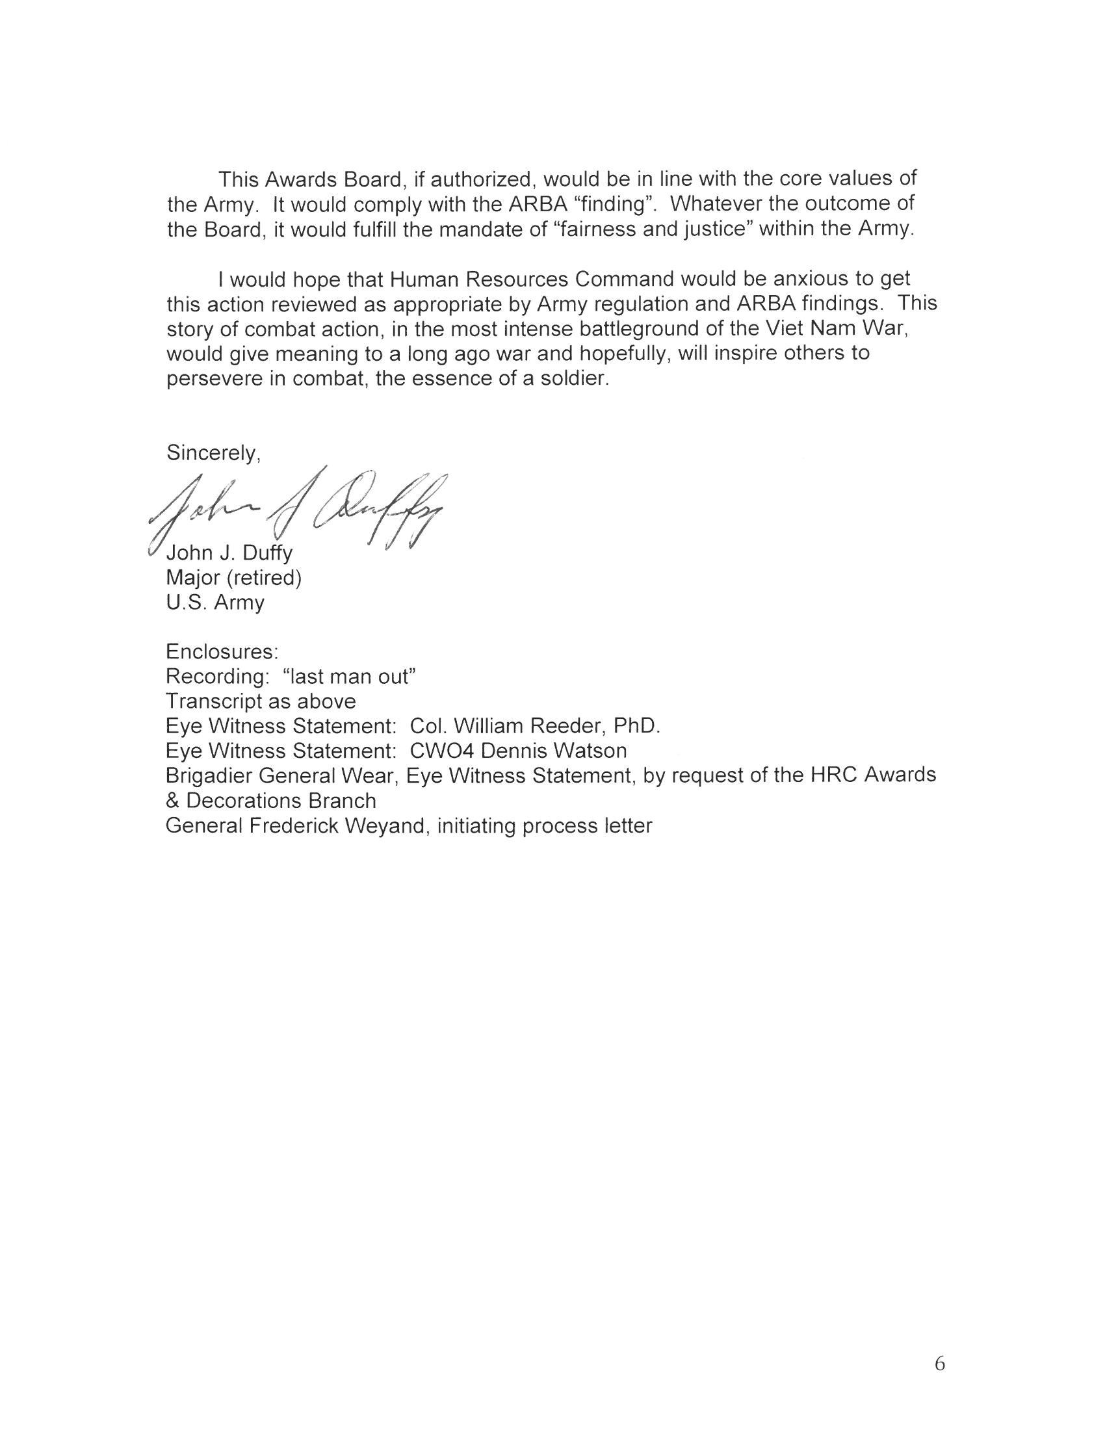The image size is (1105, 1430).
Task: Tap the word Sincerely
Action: (x=213, y=453)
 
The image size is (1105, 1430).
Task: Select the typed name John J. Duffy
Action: (x=229, y=553)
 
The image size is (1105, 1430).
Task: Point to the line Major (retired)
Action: (x=234, y=578)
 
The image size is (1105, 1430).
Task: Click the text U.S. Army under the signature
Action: (x=215, y=603)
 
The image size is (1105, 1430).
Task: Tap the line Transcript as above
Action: (x=261, y=701)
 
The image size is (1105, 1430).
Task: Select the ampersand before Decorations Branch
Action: (x=172, y=801)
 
